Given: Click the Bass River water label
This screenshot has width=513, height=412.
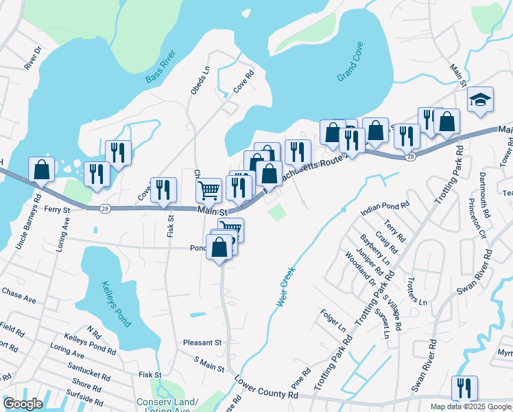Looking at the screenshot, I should (161, 67).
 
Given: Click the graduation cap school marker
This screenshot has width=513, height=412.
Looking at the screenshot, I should (480, 100).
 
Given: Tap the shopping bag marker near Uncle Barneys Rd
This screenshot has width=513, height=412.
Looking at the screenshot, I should (42, 170).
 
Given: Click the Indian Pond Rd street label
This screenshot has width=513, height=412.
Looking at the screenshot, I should (384, 205).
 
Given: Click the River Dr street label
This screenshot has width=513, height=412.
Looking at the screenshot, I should (33, 58).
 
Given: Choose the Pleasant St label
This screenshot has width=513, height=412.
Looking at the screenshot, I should (202, 342).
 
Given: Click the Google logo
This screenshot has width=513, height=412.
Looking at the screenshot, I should (23, 404).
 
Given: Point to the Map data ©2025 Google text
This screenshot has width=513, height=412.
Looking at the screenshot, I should (470, 407).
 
